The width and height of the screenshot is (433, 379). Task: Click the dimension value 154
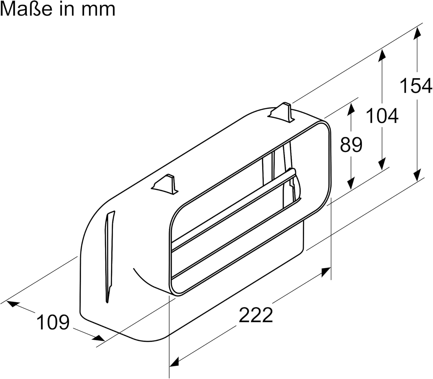coord(416,86)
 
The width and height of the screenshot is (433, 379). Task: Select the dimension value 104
coord(382,116)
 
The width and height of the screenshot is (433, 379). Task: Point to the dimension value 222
coord(256,315)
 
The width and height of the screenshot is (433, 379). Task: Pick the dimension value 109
coord(53,322)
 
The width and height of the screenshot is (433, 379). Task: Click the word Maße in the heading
coord(26,9)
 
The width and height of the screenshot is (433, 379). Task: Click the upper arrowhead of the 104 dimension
coord(382,56)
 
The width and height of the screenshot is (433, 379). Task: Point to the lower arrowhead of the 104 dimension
coord(382,163)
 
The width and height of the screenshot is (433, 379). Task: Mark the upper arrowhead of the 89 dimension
coord(351,109)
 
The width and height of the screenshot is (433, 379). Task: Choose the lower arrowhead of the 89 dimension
coord(351,182)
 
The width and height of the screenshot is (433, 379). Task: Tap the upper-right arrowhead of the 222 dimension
coord(326,272)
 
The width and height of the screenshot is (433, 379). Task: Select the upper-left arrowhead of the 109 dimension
coord(12,304)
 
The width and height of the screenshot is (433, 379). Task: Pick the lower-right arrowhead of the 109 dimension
coord(99,338)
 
